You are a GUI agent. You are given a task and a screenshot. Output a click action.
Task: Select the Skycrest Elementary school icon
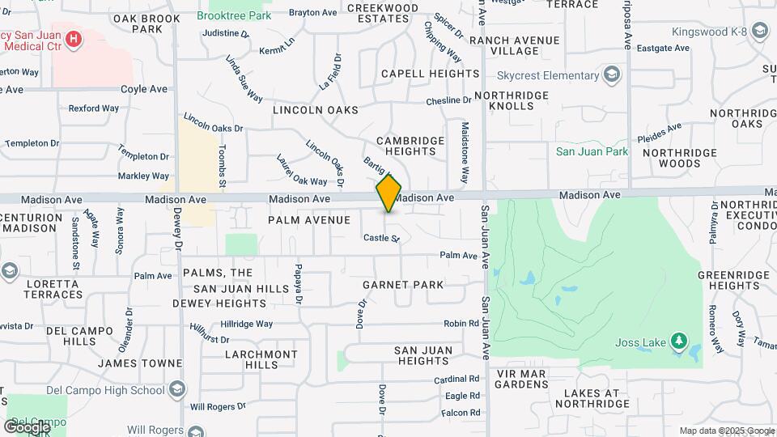pos(613,76)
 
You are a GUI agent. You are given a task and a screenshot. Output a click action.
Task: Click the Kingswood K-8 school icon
pos(759,32)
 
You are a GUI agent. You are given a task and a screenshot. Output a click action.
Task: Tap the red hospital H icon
pos(74,37)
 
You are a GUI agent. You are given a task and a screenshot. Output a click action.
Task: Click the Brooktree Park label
pos(234,15)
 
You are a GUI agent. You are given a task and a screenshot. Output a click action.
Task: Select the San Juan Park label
pos(592,151)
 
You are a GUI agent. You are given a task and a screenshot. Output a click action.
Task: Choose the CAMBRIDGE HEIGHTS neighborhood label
pos(410,146)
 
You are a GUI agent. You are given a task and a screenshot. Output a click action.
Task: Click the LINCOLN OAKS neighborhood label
pos(315,109)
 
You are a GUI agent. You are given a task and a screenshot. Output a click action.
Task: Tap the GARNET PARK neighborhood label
pos(403,285)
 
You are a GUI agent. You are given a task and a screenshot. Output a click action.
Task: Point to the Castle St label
pos(381,238)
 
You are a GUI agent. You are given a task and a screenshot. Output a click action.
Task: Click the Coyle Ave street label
pos(143,89)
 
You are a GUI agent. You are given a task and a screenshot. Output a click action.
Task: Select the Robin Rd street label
pos(461,324)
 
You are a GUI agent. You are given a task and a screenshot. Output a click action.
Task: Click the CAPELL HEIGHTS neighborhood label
pos(430,74)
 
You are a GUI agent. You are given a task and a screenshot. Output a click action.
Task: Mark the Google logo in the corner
pos(28,426)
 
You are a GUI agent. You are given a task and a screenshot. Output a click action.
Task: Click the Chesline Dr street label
pos(448,100)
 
